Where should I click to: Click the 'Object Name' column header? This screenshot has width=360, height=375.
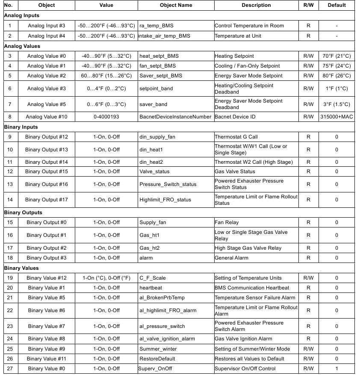176,5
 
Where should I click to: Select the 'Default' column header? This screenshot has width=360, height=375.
336,5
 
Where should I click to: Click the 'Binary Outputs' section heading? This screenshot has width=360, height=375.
23,213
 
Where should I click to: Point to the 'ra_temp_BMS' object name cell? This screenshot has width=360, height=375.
156,26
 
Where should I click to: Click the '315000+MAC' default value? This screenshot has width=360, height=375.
336,117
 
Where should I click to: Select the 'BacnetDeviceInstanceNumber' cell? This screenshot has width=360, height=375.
175,117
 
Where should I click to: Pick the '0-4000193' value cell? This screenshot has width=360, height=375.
106,117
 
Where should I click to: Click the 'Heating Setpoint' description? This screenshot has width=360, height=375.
234,56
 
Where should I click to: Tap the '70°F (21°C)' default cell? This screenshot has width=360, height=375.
336,56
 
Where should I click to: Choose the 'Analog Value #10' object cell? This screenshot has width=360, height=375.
47,117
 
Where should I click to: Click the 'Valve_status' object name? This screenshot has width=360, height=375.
154,171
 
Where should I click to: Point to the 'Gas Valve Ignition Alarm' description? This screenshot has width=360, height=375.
243,339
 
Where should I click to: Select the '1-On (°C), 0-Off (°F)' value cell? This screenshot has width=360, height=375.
106,278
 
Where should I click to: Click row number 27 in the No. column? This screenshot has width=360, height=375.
10,369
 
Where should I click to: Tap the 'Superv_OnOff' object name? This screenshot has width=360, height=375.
154,369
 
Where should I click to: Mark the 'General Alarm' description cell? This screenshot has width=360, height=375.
231,258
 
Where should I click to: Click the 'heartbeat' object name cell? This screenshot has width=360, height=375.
151,288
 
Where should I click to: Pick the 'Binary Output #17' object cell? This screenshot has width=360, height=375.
47,200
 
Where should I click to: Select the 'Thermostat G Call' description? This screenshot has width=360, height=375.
236,137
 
